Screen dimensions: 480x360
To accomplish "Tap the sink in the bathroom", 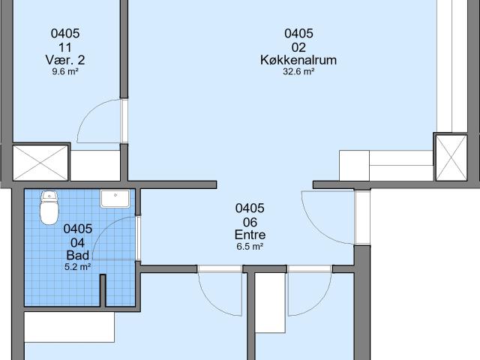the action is click(x=115, y=199).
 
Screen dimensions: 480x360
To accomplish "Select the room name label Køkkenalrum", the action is click(x=298, y=60).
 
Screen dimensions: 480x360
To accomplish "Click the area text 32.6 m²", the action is click(x=298, y=72).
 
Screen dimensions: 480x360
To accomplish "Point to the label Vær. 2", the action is click(x=65, y=60).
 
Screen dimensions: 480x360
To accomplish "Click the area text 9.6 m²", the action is click(x=65, y=72).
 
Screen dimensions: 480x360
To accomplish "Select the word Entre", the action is click(x=250, y=235).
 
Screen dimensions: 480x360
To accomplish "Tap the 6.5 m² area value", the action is click(x=250, y=247).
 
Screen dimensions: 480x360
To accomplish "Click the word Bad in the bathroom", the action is click(x=78, y=255).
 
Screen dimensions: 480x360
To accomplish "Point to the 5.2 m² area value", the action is click(x=78, y=267).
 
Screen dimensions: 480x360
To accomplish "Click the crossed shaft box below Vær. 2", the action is click(x=40, y=163).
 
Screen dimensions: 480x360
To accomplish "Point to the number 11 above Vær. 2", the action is click(x=65, y=47).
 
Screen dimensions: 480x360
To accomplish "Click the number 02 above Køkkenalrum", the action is click(x=298, y=47).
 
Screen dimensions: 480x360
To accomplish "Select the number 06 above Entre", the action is click(x=250, y=223).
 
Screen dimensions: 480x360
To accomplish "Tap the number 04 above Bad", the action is click(x=78, y=243).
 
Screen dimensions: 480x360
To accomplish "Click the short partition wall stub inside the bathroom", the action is click(x=103, y=290).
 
